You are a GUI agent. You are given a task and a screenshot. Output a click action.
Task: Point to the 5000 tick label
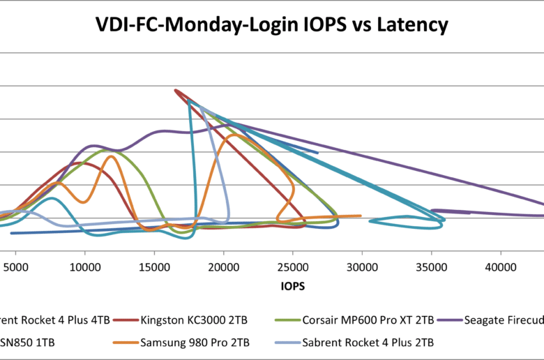pyautogui.click(x=16, y=267)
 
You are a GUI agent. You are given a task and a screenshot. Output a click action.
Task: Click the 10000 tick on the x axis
pyautogui.click(x=84, y=267)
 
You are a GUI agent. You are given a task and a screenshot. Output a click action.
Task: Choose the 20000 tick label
pyautogui.click(x=223, y=267)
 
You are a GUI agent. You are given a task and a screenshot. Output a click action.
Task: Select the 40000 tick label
pyautogui.click(x=500, y=267)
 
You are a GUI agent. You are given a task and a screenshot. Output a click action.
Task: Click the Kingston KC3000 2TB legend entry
pyautogui.click(x=188, y=320)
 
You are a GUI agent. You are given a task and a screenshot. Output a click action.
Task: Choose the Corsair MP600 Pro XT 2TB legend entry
pyautogui.click(x=368, y=320)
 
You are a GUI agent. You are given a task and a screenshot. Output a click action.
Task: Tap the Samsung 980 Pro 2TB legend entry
pyautogui.click(x=188, y=342)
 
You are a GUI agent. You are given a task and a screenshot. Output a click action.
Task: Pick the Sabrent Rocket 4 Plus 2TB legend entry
pyautogui.click(x=368, y=342)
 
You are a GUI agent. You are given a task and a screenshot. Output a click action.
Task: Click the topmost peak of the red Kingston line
pyautogui.click(x=175, y=90)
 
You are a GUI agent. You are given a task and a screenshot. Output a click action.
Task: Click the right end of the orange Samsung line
pyautogui.click(x=361, y=216)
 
